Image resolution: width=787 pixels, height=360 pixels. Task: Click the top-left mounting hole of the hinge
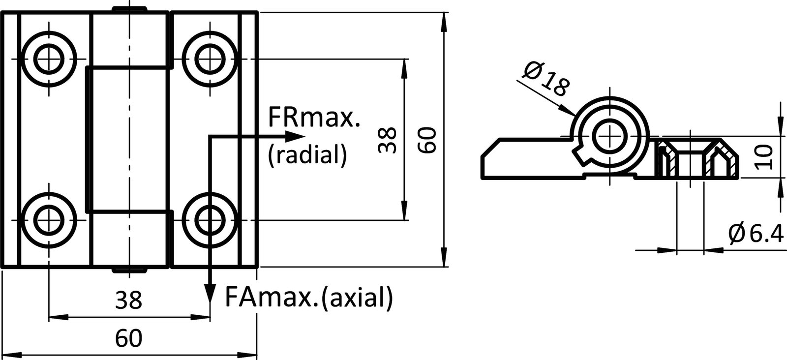click(x=49, y=59)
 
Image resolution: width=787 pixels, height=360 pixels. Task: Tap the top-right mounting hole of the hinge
click(x=210, y=59)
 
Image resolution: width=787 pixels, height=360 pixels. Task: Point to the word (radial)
click(x=307, y=154)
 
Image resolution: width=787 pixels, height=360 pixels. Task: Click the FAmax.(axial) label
click(x=309, y=297)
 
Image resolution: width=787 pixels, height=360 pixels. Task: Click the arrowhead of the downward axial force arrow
click(x=210, y=296)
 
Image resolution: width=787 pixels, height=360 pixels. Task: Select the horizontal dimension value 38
click(x=128, y=300)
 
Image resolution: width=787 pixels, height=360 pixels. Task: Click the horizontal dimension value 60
click(x=128, y=338)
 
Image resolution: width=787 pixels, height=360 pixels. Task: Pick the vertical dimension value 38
click(x=388, y=140)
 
